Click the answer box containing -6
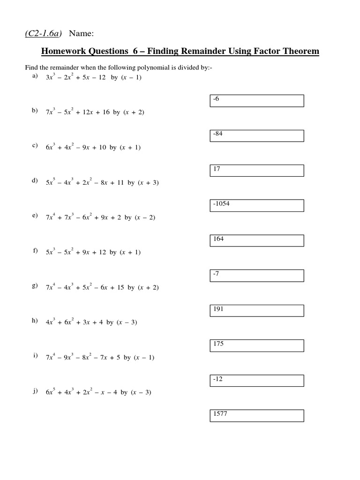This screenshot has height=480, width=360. [256, 101]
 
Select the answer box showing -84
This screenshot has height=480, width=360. [256, 136]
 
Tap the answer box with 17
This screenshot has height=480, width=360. [256, 171]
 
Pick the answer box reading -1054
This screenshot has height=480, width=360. [256, 206]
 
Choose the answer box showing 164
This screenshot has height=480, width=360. [256, 241]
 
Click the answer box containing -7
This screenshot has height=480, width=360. [256, 276]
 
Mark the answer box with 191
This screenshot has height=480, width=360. [256, 311]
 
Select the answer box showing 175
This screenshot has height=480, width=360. [256, 346]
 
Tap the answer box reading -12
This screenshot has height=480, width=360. [256, 381]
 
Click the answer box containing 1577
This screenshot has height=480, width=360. [256, 416]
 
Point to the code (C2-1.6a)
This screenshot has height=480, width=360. [45, 33]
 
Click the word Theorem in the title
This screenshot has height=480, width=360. [298, 51]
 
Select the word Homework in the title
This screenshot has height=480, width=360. [62, 51]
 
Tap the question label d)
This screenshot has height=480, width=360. [35, 181]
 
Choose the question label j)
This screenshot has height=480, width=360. [35, 391]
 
